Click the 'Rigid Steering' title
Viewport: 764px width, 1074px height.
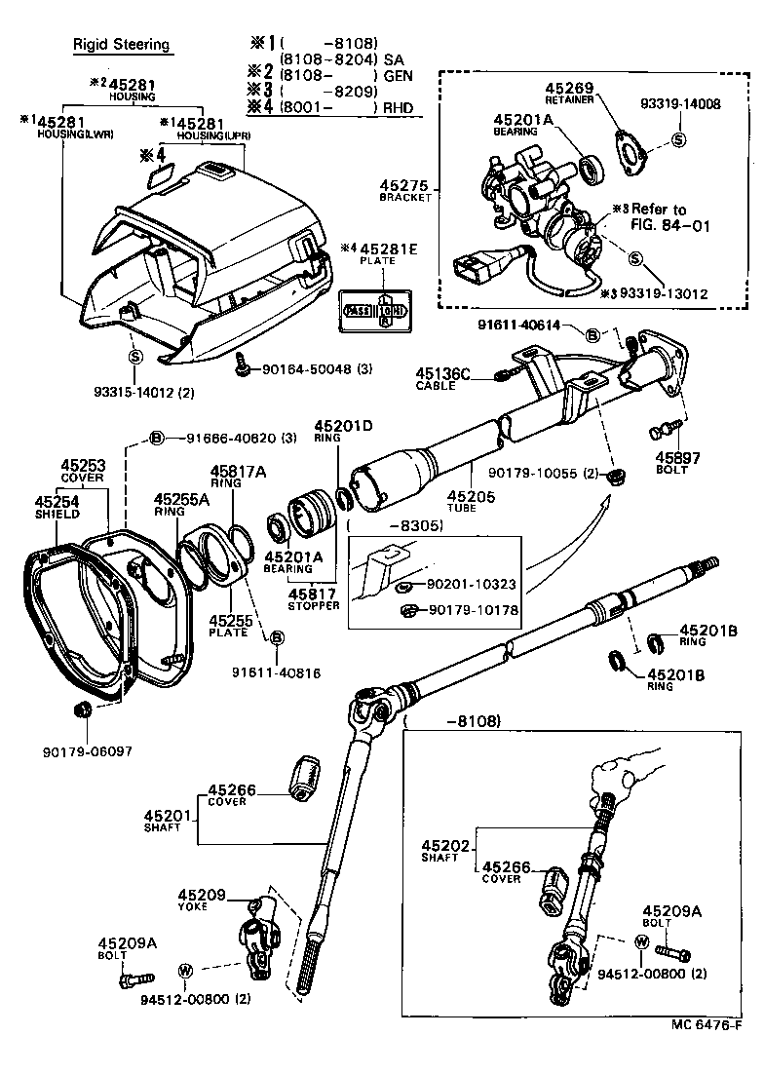[x=122, y=45]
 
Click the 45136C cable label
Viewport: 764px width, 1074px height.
[x=442, y=375]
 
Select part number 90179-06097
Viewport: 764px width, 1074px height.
[x=86, y=751]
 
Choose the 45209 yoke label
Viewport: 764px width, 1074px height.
[x=203, y=895]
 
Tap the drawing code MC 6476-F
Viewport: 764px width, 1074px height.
[x=707, y=1053]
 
